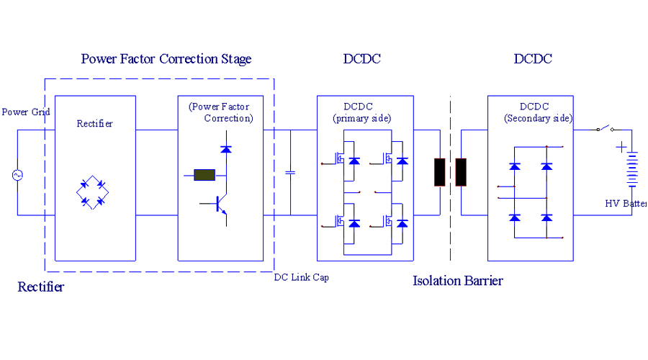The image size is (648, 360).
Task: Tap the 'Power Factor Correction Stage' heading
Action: [166, 59]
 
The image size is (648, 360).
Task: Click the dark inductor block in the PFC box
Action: [204, 174]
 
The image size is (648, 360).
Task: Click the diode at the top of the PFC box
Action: [226, 149]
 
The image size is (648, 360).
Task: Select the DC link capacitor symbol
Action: [291, 173]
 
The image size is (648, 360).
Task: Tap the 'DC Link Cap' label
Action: [301, 277]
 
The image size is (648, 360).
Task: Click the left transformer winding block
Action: [439, 173]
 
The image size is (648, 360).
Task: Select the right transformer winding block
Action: [462, 173]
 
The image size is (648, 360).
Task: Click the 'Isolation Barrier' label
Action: [457, 281]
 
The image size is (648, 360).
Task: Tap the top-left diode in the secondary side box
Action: [514, 166]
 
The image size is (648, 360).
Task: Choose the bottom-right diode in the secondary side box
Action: [546, 217]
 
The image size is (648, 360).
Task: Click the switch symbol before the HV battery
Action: [604, 129]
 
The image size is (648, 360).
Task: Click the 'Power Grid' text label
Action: [25, 112]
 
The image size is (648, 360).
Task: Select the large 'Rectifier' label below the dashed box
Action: [41, 287]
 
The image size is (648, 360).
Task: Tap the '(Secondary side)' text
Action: [538, 118]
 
